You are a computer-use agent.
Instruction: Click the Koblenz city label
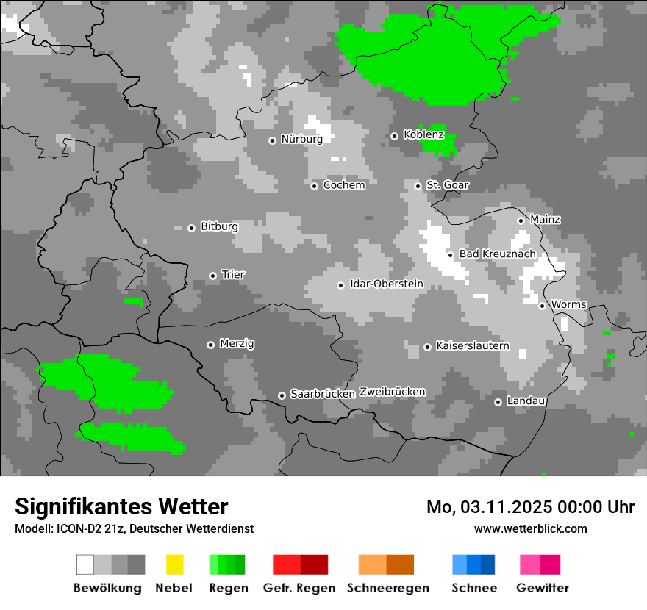(423, 134)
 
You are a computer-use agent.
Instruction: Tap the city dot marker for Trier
(213, 276)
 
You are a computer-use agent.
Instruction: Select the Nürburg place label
(301, 139)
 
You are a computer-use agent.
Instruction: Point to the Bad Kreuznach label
(498, 254)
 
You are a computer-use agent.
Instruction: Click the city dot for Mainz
(521, 220)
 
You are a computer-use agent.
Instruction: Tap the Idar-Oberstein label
(387, 284)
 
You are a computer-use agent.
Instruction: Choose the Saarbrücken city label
(323, 394)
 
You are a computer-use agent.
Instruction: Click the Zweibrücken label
(393, 392)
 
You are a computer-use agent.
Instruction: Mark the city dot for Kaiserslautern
(427, 347)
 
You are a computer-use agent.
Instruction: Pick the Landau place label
(526, 401)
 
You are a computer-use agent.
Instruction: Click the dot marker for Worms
(542, 306)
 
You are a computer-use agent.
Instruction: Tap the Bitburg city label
(219, 226)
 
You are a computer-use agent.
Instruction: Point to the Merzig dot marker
(210, 345)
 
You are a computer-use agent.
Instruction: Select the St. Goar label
(447, 185)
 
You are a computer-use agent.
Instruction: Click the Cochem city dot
(314, 186)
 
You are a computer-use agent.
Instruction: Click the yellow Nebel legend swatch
(174, 564)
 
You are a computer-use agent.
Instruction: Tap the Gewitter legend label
(543, 588)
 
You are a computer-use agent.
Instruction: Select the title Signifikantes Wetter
(121, 506)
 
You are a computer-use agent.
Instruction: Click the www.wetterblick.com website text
(531, 528)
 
